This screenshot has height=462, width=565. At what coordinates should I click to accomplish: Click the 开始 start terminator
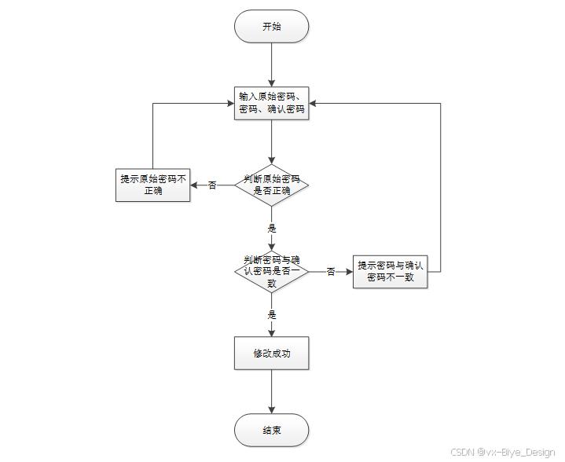[271, 26]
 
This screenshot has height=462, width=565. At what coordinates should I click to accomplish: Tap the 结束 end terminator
[271, 430]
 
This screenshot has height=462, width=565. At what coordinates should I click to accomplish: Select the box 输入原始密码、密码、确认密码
[271, 103]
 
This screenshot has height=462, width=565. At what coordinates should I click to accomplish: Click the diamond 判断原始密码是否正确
[271, 185]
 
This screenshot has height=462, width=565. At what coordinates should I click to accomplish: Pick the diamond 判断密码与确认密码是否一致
[271, 271]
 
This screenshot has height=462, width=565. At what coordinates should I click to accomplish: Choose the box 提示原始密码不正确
[152, 185]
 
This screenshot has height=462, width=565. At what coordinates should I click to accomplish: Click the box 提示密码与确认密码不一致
[391, 272]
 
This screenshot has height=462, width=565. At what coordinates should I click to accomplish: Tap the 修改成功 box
[271, 353]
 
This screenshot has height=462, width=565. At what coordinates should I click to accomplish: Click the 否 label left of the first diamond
[212, 185]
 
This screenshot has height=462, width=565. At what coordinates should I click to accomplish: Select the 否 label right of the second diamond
[331, 271]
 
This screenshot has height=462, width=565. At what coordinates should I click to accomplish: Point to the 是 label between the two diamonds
[272, 228]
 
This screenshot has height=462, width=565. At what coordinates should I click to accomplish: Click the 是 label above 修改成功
[272, 314]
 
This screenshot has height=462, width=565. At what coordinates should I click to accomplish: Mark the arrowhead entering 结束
[271, 409]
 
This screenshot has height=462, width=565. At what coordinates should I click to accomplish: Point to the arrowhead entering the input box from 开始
[271, 82]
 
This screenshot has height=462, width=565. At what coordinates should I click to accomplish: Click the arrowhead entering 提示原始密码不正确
[194, 185]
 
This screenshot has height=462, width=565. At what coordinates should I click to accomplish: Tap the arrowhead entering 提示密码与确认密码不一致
[349, 272]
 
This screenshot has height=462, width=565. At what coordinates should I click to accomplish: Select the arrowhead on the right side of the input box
[313, 104]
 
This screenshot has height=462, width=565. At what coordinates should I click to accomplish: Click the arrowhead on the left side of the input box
[230, 104]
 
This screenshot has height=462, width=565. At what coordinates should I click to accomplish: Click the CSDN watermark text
[503, 452]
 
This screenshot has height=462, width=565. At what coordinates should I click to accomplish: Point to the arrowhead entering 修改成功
[271, 333]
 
